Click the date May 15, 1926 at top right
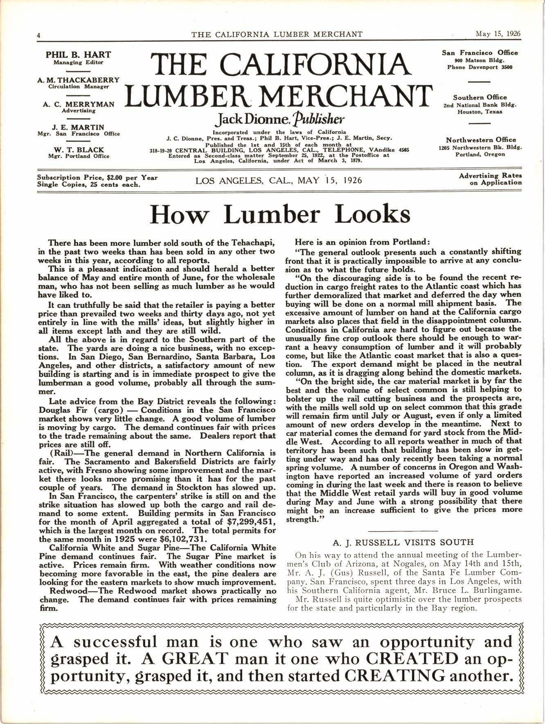point(498,34)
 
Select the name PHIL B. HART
point(78,54)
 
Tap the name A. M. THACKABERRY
point(78,80)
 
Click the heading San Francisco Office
point(480,52)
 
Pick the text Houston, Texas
point(480,112)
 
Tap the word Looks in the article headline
point(372,214)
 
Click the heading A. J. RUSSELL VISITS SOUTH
point(403,543)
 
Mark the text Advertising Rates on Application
point(490,179)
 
